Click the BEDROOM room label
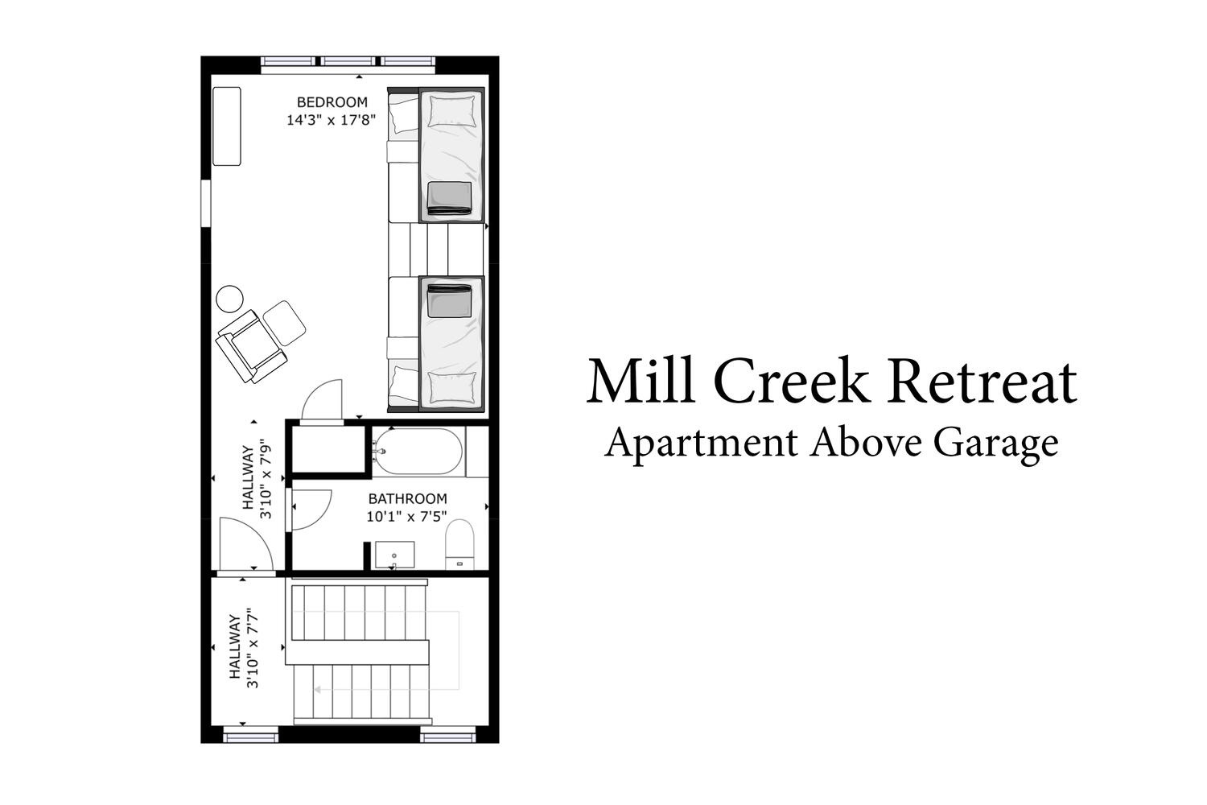coord(332,102)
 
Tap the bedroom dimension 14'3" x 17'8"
coord(331,120)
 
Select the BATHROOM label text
coord(407,498)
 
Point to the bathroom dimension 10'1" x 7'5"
coord(407,517)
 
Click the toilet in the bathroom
coord(459,544)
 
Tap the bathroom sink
coord(394,555)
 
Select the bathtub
coord(418,452)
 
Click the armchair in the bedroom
coord(251,346)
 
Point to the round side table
coord(229,299)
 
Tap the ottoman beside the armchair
coord(284,323)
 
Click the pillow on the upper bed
coord(451,112)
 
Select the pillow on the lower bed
coord(452,387)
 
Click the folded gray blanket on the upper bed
coord(449,198)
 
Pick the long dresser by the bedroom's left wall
coord(227,126)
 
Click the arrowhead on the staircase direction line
coord(318,689)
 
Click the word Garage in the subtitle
coord(996,444)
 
